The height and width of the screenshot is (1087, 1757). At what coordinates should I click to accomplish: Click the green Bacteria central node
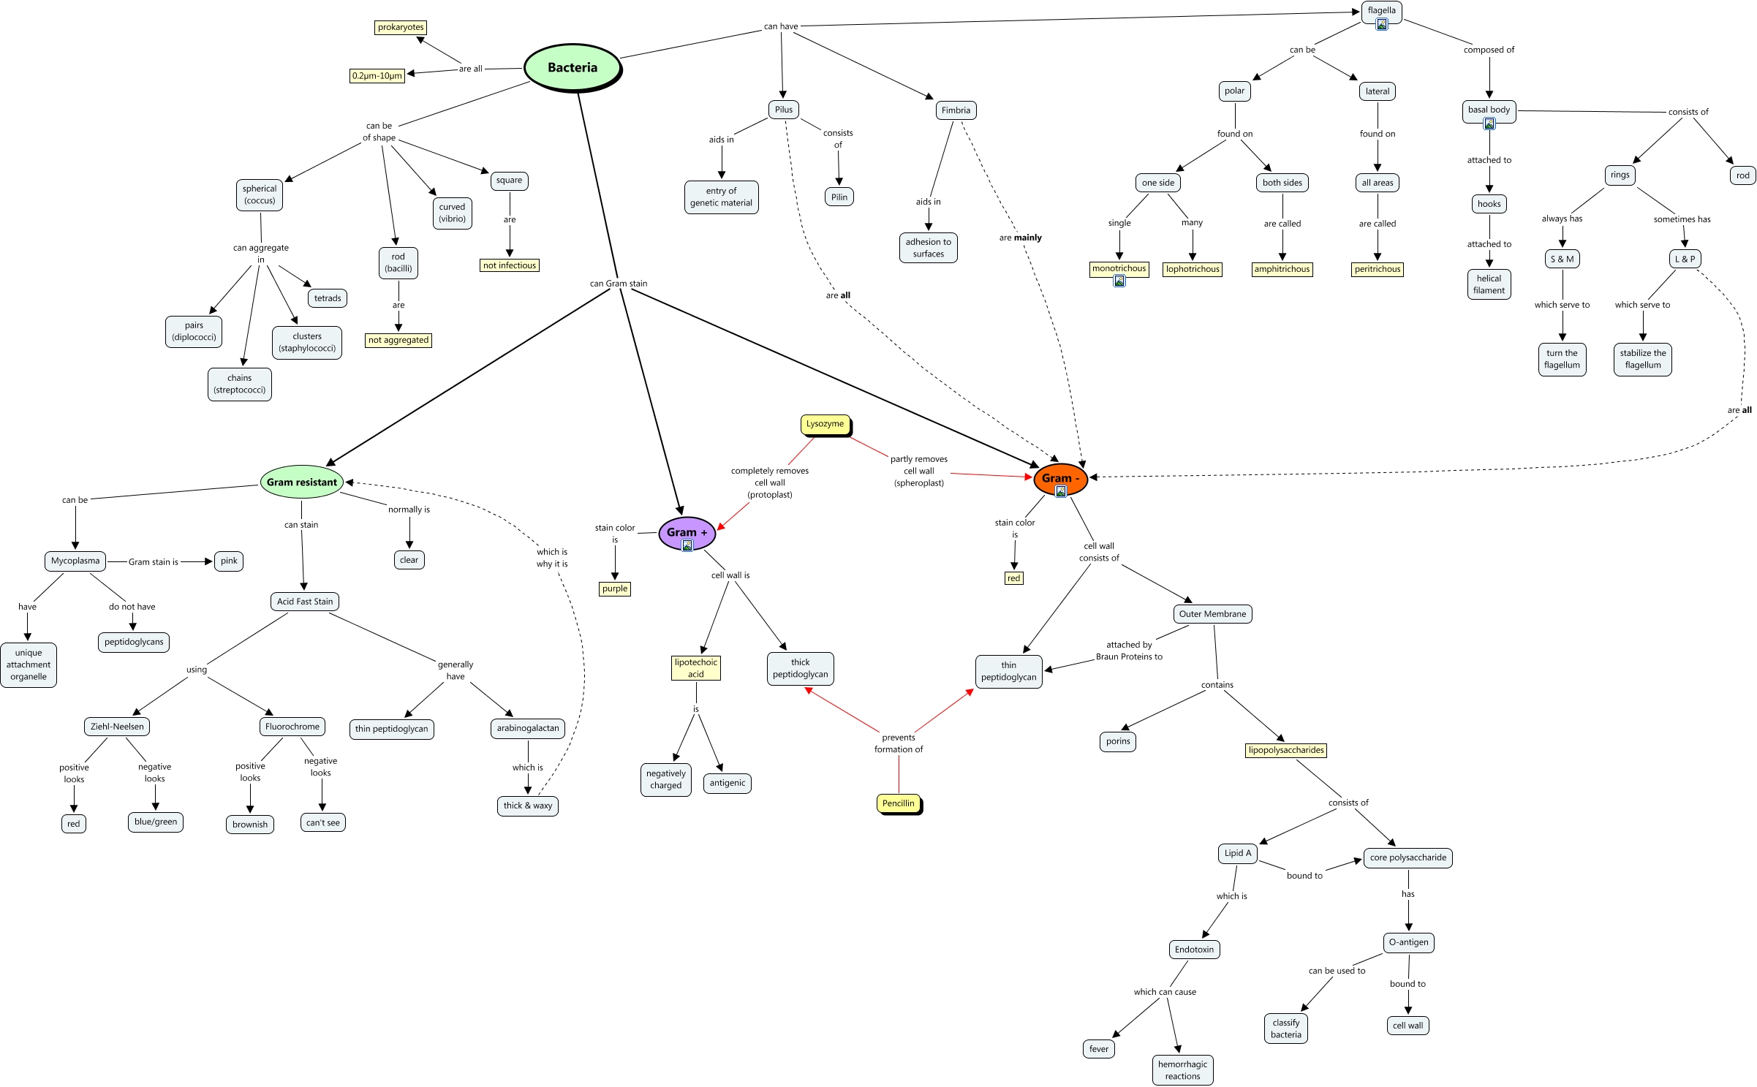tap(573, 67)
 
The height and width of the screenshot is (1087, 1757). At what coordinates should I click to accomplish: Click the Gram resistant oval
tap(301, 482)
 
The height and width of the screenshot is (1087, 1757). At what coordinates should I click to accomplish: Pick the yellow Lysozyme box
tap(825, 424)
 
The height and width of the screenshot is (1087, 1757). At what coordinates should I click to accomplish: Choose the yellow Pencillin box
tap(898, 803)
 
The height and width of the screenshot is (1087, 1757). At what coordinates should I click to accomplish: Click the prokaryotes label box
tap(401, 28)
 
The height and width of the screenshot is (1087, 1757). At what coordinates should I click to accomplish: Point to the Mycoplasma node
tap(75, 561)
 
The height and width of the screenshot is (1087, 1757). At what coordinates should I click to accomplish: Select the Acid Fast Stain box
tap(305, 602)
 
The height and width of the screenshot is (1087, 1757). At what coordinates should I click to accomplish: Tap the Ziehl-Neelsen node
tap(117, 727)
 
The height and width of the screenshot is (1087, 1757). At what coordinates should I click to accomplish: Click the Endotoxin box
tap(1194, 950)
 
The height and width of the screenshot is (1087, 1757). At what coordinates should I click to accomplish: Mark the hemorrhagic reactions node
tap(1182, 1070)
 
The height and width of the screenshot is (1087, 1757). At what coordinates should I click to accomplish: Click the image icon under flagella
tap(1382, 24)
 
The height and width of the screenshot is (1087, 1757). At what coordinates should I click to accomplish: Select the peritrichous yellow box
tap(1378, 269)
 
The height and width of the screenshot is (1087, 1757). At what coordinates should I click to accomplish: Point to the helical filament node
tap(1489, 284)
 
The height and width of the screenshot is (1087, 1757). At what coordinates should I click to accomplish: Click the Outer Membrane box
tap(1212, 614)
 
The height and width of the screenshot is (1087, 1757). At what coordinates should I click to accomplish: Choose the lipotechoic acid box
tap(695, 668)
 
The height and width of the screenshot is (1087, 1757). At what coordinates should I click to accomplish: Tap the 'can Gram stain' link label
tap(619, 284)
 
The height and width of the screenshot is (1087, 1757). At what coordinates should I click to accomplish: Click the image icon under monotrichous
tap(1119, 281)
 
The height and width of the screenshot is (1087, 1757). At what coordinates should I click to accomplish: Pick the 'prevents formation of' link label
tap(899, 743)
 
